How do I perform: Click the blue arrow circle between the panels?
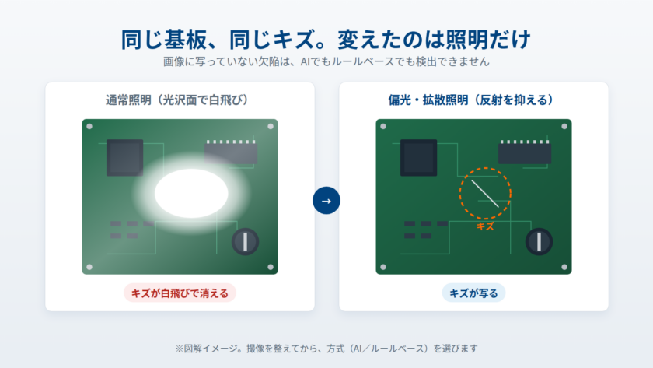click(326, 201)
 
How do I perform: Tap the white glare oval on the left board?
click(191, 194)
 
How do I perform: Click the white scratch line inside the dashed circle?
click(485, 194)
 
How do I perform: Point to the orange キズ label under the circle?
click(485, 226)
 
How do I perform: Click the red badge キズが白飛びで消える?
click(180, 293)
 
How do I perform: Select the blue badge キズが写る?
click(473, 293)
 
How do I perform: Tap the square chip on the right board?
click(418, 157)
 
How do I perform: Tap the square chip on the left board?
click(125, 157)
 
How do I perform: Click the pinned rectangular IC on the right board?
click(525, 152)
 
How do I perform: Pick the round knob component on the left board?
click(246, 241)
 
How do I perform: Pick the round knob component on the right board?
click(539, 241)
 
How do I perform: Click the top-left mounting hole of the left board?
click(89, 126)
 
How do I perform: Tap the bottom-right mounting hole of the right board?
click(564, 267)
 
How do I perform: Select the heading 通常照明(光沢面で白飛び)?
click(177, 100)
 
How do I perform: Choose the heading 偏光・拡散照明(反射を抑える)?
click(471, 100)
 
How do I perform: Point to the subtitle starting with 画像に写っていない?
click(326, 61)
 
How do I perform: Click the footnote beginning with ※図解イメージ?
click(326, 349)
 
